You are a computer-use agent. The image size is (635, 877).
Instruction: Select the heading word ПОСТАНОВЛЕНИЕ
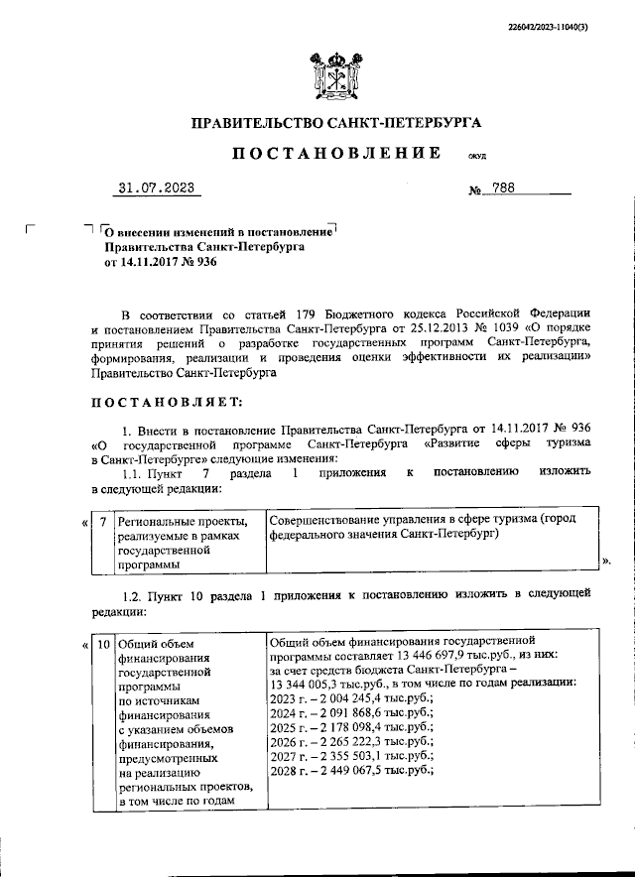336,154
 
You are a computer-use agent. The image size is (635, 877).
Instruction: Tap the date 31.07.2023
155,188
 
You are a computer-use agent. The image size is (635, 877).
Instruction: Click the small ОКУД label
475,157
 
